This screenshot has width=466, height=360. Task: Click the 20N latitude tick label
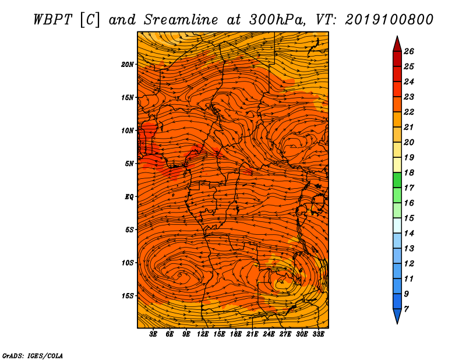coord(127,64)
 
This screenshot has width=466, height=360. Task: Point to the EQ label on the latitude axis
coord(129,196)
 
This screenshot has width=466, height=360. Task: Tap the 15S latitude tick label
coord(128,296)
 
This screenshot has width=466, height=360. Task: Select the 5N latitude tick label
coord(129,164)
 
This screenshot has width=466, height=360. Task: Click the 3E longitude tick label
coord(153,334)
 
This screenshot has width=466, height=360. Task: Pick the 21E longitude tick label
coord(252,334)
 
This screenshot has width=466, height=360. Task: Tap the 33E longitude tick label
coord(318,334)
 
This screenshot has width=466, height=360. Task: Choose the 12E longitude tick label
coord(203,334)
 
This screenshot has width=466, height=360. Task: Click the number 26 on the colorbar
coord(409,51)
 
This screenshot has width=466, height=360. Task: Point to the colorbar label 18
coord(409,172)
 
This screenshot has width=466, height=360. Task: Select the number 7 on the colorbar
coord(406,309)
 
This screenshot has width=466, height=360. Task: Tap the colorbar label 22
coord(409,112)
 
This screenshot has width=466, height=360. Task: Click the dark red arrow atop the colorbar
coord(397,44)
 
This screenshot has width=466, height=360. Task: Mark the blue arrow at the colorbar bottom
coord(397,316)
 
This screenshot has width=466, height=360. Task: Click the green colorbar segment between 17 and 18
coord(397,180)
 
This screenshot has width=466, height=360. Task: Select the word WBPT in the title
coord(52,20)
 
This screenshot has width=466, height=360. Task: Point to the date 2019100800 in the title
coord(389,20)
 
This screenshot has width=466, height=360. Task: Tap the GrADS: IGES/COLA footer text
coord(33,355)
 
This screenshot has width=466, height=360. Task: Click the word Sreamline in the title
coord(181,20)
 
